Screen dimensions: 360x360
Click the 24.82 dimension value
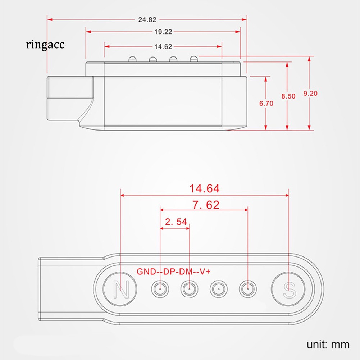[x=147, y=20]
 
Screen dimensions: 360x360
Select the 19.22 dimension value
[x=163, y=32]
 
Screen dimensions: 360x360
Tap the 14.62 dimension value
[x=163, y=47]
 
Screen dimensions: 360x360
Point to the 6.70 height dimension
[x=266, y=104]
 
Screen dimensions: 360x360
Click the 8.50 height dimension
[x=288, y=96]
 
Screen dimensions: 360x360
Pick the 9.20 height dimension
[x=310, y=93]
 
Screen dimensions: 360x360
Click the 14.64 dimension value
[x=204, y=188]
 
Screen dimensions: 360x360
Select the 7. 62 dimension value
[x=206, y=205]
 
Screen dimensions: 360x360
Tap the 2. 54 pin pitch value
[x=176, y=222]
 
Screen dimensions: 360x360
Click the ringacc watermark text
[x=45, y=44]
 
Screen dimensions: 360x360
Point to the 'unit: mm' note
[x=328, y=345]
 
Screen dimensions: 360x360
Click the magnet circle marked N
[x=120, y=289]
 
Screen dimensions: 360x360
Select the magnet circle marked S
[x=288, y=289]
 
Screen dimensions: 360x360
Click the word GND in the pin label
[x=146, y=272]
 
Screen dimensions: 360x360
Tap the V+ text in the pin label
[x=205, y=272]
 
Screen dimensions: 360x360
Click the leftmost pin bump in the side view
[x=132, y=59]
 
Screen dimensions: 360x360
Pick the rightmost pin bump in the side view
[x=194, y=59]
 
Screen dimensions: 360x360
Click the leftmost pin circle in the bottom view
[x=160, y=289]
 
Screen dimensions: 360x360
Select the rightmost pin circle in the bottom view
[x=248, y=289]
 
